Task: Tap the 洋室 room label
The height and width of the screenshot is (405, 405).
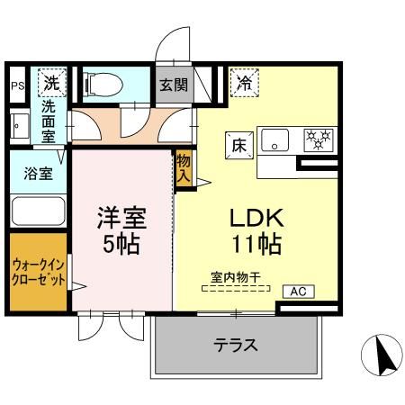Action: click(121, 218)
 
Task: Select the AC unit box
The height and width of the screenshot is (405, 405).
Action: click(299, 291)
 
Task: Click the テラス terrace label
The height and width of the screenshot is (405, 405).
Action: click(236, 346)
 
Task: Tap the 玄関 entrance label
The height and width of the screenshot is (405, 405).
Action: click(173, 85)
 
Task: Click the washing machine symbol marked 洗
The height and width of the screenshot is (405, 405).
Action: click(51, 83)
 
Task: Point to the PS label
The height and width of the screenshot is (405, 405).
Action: click(17, 86)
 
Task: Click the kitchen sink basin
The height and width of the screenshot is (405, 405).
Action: click(274, 140)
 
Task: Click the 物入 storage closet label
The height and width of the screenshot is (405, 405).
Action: click(183, 168)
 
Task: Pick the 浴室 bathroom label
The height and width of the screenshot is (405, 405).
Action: click(38, 174)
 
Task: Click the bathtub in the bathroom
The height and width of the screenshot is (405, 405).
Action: click(38, 213)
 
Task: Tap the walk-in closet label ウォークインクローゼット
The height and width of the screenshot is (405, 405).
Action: click(39, 273)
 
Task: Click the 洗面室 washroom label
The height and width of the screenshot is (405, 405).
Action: click(50, 121)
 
